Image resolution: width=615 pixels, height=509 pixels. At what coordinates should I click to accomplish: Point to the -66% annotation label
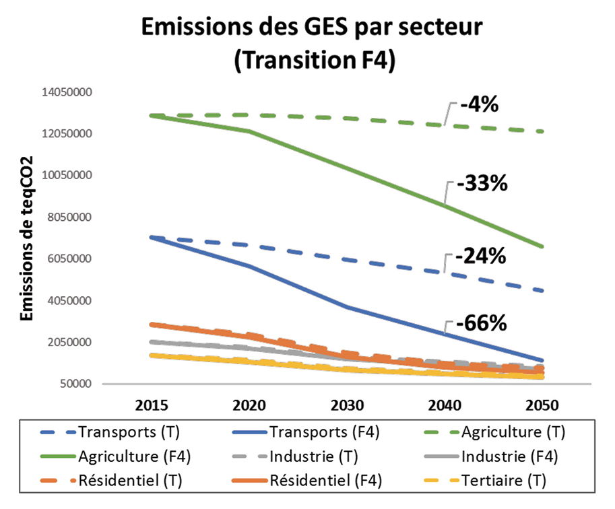coord(481,323)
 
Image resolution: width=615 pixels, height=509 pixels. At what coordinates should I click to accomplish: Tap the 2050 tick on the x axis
coord(542,407)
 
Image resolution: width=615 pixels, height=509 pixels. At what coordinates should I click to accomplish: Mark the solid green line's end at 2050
coord(543,246)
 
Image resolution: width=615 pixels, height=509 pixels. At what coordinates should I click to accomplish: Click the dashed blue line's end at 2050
coord(543,291)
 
